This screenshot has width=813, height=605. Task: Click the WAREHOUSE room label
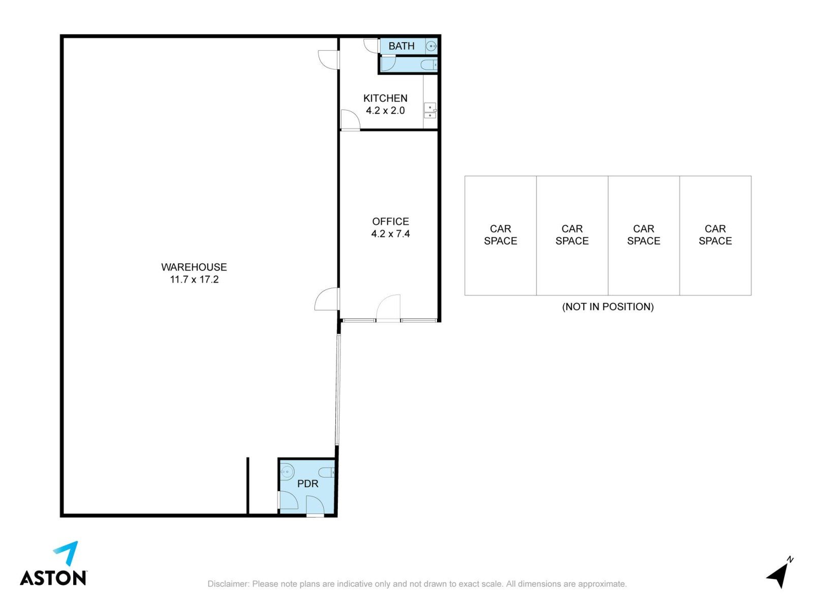[194, 267]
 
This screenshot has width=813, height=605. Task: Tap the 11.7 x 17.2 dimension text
[194, 279]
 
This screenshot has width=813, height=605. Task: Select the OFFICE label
[390, 221]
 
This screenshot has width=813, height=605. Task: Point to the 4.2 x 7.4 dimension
[390, 234]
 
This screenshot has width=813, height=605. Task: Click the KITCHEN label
[385, 98]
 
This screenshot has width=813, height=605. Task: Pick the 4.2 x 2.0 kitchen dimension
[385, 110]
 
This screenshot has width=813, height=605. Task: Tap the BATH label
[401, 46]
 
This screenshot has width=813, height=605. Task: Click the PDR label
[307, 483]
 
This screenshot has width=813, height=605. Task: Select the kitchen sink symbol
[430, 110]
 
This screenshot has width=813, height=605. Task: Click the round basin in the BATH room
[432, 46]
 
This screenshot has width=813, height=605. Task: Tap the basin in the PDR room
[287, 471]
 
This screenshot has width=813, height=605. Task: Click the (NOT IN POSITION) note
[608, 307]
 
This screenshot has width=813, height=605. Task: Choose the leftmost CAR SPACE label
[501, 235]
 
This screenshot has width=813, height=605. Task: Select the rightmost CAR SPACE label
[715, 235]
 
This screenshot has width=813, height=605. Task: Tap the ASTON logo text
[53, 578]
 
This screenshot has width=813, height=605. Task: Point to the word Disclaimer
[228, 584]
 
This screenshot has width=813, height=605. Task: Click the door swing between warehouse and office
[327, 299]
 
